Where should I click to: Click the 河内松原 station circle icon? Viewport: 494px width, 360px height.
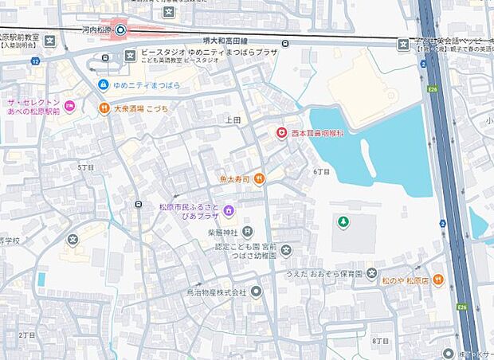pyautogui.click(x=120, y=31)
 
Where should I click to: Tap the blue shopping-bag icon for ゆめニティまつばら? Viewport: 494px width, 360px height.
pyautogui.click(x=104, y=84)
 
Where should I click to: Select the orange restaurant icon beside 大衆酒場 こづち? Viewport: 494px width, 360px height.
pyautogui.click(x=104, y=108)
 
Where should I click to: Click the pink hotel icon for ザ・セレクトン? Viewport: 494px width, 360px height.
pyautogui.click(x=70, y=105)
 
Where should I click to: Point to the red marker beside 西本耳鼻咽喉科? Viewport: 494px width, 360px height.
pyautogui.click(x=280, y=133)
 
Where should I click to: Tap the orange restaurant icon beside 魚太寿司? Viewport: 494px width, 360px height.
pyautogui.click(x=260, y=179)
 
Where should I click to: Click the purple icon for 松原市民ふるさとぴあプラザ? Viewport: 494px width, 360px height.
pyautogui.click(x=229, y=210)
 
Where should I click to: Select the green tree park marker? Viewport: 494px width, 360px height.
pyautogui.click(x=343, y=221)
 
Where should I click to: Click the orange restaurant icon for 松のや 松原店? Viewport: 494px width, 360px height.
pyautogui.click(x=438, y=280)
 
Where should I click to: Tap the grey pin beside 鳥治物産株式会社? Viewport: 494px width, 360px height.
pyautogui.click(x=256, y=292)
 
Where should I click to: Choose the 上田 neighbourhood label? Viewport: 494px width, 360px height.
pyautogui.click(x=233, y=119)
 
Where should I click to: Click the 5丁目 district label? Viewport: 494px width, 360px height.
pyautogui.click(x=85, y=168)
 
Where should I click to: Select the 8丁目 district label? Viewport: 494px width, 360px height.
pyautogui.click(x=379, y=341)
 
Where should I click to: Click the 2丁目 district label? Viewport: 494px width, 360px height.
pyautogui.click(x=26, y=335)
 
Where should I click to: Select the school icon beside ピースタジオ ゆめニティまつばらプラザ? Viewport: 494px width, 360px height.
pyautogui.click(x=130, y=54)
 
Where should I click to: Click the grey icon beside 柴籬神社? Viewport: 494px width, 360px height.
pyautogui.click(x=249, y=232)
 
